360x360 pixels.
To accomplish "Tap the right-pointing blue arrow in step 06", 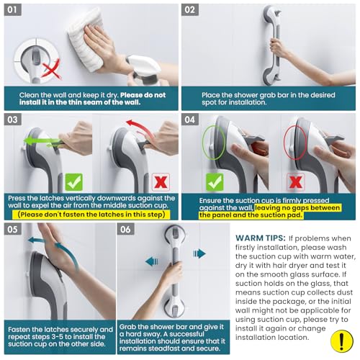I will coord(199,253).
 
